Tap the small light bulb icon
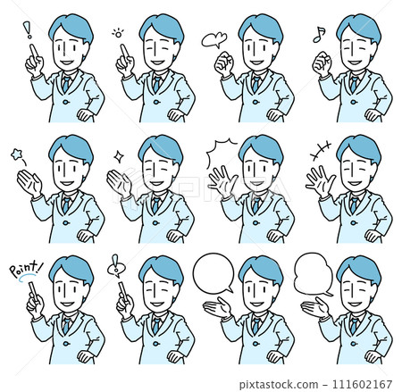[117, 33]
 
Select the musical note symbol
[316, 33]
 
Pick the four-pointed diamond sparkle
[119, 155]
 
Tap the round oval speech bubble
[213, 272]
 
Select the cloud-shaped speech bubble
[313, 271]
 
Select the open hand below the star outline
[29, 184]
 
